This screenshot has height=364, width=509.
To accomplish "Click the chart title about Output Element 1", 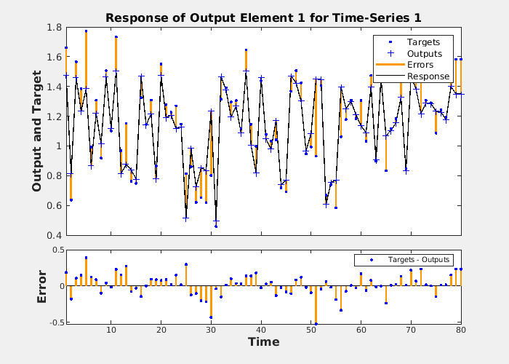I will [263, 17].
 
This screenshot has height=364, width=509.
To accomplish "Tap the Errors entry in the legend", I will [420, 65].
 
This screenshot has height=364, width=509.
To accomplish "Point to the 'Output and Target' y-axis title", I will [37, 131].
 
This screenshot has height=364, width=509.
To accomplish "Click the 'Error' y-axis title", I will [42, 286].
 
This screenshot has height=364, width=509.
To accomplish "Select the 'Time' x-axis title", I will [263, 342].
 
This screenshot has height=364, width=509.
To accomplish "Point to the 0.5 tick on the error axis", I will [54, 250].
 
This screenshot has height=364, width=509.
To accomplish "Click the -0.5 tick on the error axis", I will [52, 322].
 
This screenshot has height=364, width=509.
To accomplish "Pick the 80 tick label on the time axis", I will [461, 331].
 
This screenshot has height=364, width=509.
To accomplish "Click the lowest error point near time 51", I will [316, 323].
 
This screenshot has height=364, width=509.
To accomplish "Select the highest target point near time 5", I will [86, 31].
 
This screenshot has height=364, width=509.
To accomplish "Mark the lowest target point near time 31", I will [216, 226].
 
